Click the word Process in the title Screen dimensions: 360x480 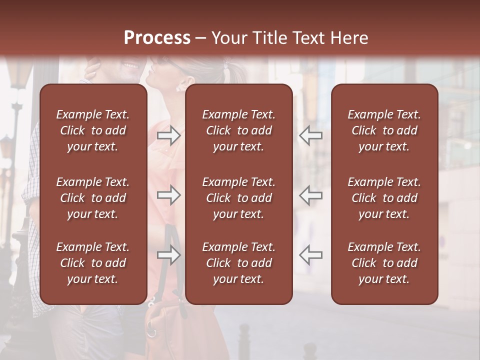pos(157,37)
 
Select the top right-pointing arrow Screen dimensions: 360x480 pos(169,135)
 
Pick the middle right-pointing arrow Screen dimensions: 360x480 pos(169,195)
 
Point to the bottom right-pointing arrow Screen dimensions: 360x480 pos(169,255)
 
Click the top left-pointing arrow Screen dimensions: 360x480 pos(311,135)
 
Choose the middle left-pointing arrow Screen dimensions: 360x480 pos(311,195)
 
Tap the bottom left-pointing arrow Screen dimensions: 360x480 pos(311,255)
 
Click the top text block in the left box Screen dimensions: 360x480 pos(93,130)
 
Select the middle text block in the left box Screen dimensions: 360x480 pos(93,198)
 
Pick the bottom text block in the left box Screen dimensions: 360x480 pos(93,263)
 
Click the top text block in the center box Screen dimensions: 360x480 pos(238,130)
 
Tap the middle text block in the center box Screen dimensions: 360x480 pos(238,198)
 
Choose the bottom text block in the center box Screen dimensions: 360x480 pos(238,263)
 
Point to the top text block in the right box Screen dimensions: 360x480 pos(384,130)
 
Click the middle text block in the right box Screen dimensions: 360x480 pos(384,198)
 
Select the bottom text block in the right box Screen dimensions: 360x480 pos(384,263)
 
